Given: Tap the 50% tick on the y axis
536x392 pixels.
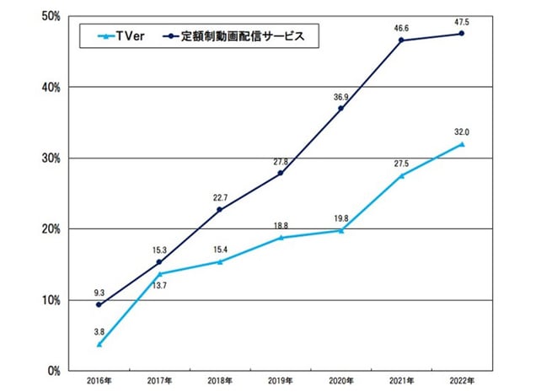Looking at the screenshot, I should pos(49,16).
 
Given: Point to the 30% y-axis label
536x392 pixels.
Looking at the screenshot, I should pos(49,158).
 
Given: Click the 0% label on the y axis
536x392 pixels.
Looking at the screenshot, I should pos(51,371).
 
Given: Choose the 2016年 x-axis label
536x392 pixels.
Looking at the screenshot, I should pos(99,381).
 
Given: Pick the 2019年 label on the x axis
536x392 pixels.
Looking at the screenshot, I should pos(280,381).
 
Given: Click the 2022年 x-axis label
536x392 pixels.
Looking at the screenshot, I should pos(461,381).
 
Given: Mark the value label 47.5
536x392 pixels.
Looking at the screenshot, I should pos(461,20).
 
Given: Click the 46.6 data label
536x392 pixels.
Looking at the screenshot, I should pos(400,27).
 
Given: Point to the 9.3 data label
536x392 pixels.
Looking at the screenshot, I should pos(99,292).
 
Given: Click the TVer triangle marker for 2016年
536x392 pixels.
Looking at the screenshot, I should pos(99,344).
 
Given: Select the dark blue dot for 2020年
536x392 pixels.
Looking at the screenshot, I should pos(340,109).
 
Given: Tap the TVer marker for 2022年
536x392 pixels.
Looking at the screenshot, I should pos(461,144).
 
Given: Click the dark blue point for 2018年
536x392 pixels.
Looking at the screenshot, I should pos(219,210).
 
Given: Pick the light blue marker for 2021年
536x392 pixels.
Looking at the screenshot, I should pos(400,175).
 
